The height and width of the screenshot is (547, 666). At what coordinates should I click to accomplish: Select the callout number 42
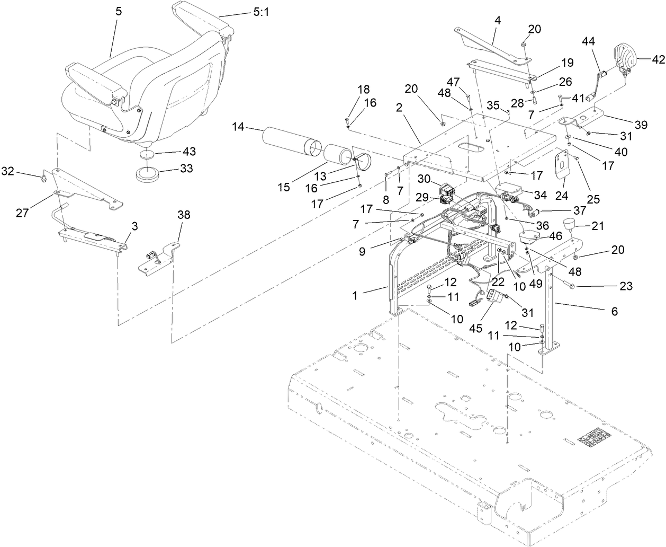point(650,59)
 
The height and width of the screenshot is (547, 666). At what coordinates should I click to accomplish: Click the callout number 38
point(184,215)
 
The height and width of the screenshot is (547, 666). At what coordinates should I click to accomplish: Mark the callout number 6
point(614,312)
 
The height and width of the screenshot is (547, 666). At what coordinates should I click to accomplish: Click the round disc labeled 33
point(150,175)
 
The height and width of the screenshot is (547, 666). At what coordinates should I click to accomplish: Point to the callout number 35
point(493,105)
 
